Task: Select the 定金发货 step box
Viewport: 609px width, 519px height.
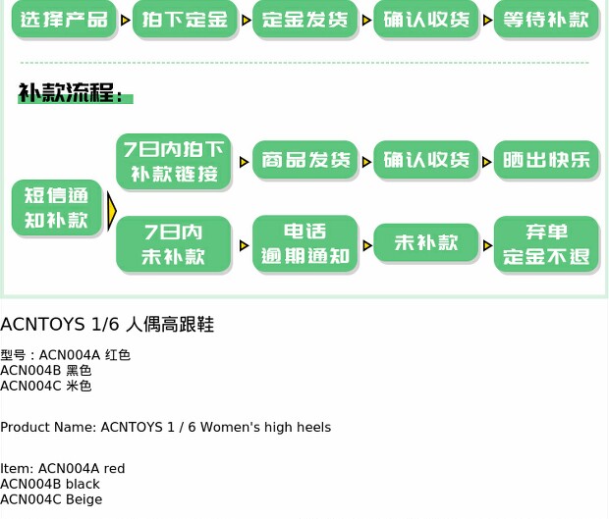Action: [305, 20]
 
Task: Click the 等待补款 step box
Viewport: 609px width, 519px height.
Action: [546, 20]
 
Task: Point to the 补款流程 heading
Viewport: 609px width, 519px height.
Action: [72, 95]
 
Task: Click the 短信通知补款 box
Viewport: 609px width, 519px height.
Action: [56, 208]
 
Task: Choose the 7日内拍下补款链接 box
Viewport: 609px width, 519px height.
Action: [174, 163]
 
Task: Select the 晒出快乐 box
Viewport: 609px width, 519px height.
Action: [546, 161]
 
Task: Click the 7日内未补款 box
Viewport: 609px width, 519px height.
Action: [174, 244]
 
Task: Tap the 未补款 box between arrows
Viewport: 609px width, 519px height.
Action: [426, 243]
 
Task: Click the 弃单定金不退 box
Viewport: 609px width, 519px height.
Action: [546, 244]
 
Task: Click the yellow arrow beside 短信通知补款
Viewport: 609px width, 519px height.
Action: [111, 210]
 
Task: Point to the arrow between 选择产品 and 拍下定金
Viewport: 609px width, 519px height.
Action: [125, 20]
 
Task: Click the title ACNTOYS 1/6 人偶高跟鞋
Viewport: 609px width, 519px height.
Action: [107, 325]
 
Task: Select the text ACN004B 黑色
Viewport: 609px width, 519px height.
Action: [45, 371]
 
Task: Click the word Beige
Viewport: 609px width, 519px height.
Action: [83, 499]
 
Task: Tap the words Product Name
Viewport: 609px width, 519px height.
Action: [48, 428]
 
